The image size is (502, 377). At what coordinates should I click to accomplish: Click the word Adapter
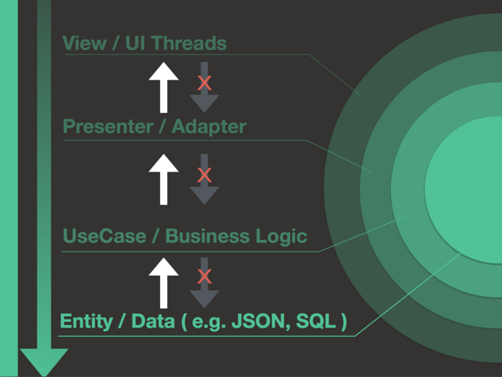[209, 127]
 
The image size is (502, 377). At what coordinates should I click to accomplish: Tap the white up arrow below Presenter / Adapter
[164, 179]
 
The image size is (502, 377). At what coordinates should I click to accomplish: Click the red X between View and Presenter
[204, 83]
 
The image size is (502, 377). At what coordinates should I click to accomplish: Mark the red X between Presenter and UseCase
[204, 175]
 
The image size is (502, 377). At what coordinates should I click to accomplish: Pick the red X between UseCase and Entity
[204, 276]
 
